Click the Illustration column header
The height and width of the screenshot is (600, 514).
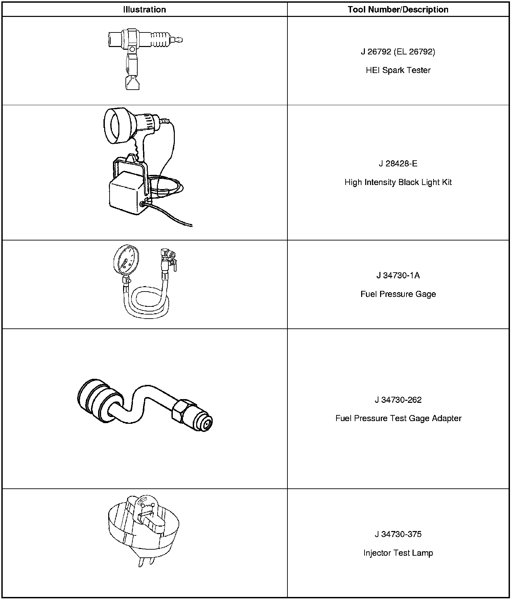point(144,9)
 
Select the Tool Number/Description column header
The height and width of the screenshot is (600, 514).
point(398,9)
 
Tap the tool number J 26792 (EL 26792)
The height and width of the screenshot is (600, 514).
point(398,52)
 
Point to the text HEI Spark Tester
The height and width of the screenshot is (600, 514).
point(398,70)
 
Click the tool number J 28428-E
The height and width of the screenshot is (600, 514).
point(398,164)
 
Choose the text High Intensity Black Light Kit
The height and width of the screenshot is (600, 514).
point(398,182)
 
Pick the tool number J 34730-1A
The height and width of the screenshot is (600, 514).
point(398,276)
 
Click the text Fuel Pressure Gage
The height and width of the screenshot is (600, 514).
point(398,294)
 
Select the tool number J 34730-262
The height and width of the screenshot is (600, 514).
point(398,400)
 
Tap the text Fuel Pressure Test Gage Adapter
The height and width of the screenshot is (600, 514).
point(398,418)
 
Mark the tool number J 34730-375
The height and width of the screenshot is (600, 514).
point(398,534)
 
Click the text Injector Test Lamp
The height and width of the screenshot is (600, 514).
point(398,553)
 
